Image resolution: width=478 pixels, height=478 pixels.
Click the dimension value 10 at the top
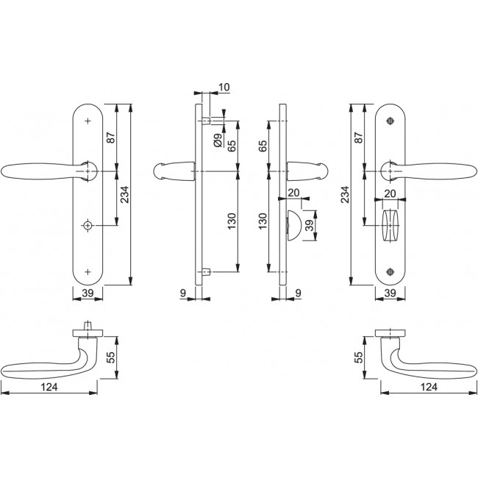point(224,88)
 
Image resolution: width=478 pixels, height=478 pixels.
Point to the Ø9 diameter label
point(218,139)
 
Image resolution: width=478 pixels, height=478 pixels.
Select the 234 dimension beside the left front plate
point(126,193)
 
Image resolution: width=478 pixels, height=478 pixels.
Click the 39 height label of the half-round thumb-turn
point(309,225)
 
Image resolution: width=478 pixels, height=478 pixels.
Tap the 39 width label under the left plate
point(87,294)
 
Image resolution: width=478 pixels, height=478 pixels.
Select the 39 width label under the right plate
point(390,294)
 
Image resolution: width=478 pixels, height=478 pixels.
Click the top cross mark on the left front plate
point(88,120)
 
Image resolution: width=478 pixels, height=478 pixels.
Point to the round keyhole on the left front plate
point(88,224)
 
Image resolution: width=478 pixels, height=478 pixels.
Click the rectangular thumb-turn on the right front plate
point(389,220)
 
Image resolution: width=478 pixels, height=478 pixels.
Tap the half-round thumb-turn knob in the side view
point(292,224)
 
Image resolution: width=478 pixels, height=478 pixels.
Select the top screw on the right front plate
point(389,120)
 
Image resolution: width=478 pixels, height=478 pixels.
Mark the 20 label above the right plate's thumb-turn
point(390,193)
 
